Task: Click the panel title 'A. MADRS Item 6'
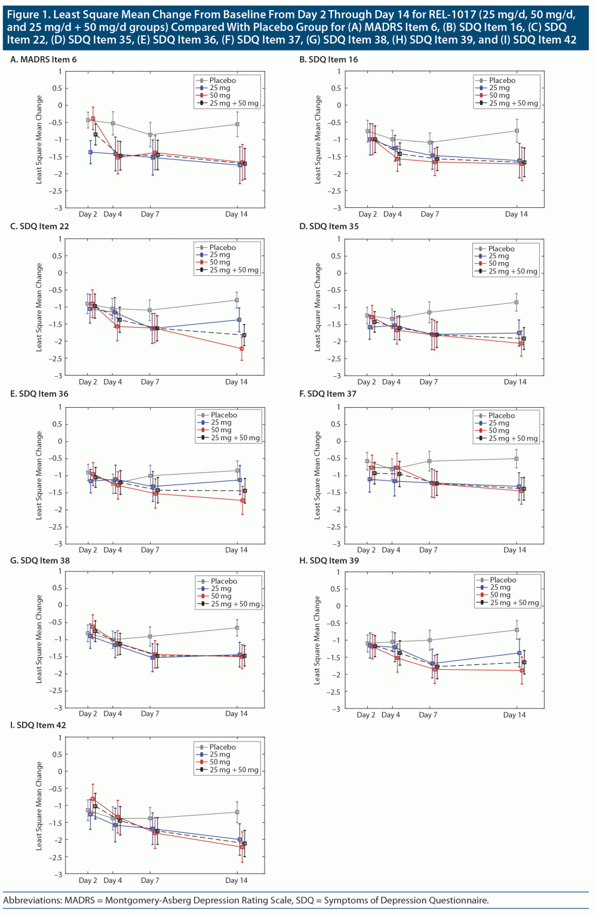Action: click(44, 60)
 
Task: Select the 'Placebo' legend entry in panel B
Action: click(502, 80)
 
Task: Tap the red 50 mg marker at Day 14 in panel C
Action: click(241, 349)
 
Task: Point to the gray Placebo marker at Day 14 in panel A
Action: click(237, 124)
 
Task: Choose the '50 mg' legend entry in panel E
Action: click(221, 430)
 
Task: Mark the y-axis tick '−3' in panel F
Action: click(338, 544)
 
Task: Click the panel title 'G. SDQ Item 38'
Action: click(40, 561)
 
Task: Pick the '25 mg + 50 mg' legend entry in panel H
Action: click(514, 603)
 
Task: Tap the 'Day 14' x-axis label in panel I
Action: click(236, 881)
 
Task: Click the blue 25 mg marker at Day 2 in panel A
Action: click(91, 152)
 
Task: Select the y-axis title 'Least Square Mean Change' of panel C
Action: click(39, 307)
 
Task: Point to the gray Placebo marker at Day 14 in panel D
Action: click(516, 302)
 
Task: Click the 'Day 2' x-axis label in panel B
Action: click(367, 214)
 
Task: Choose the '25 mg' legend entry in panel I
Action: click(220, 755)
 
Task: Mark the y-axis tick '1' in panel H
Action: click(338, 572)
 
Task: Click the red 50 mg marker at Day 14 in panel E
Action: click(242, 500)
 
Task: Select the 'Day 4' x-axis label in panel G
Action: click(112, 714)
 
